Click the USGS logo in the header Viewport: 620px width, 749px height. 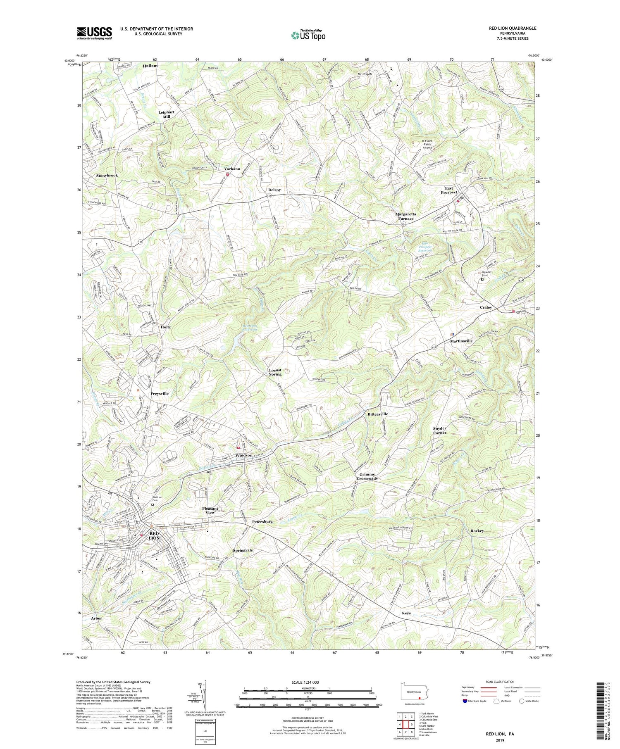(x=94, y=33)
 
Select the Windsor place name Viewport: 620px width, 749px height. (x=243, y=455)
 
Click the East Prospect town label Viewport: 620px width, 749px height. (x=449, y=190)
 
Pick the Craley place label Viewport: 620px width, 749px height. (x=486, y=307)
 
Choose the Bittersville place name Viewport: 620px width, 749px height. (x=375, y=414)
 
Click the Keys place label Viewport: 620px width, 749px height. (x=406, y=613)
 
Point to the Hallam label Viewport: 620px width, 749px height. (x=150, y=66)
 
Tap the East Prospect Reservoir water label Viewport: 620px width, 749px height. (x=421, y=248)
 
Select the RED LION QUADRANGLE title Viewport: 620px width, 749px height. (x=513, y=28)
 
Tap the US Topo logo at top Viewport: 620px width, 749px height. (x=308, y=35)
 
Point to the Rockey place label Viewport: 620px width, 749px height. (x=477, y=531)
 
